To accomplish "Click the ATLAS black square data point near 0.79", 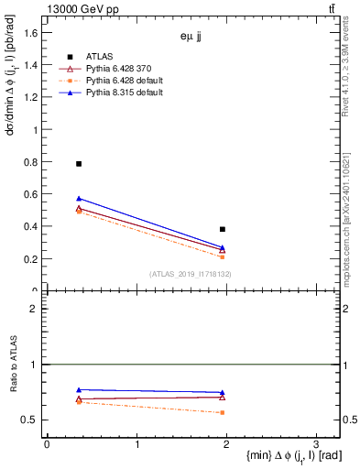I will (x=79, y=164).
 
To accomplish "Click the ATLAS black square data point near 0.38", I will (x=223, y=229).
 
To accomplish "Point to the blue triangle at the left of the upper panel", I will (x=79, y=199).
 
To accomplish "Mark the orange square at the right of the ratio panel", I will (x=223, y=412).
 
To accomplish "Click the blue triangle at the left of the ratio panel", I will (x=79, y=390).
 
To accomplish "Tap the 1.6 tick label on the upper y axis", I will (x=31, y=33).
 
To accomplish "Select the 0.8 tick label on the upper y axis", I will (x=31, y=162).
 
